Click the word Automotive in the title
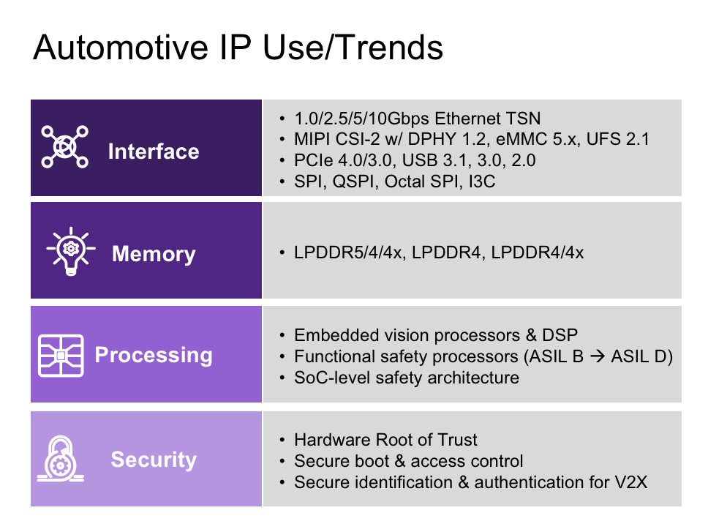pyautogui.click(x=120, y=47)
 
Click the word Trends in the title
pyautogui.click(x=390, y=47)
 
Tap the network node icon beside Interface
pyautogui.click(x=64, y=147)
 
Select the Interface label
pyautogui.click(x=154, y=151)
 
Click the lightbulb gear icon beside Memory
pyautogui.click(x=71, y=251)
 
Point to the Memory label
pyautogui.click(x=154, y=254)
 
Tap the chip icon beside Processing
pyautogui.click(x=61, y=356)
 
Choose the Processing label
pyautogui.click(x=154, y=355)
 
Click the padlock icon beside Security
pyautogui.click(x=61, y=458)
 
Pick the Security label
pyautogui.click(x=154, y=460)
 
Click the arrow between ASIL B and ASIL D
pyautogui.click(x=598, y=356)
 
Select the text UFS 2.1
pyautogui.click(x=618, y=139)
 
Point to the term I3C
pyautogui.click(x=482, y=181)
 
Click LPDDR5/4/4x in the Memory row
pyautogui.click(x=347, y=252)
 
